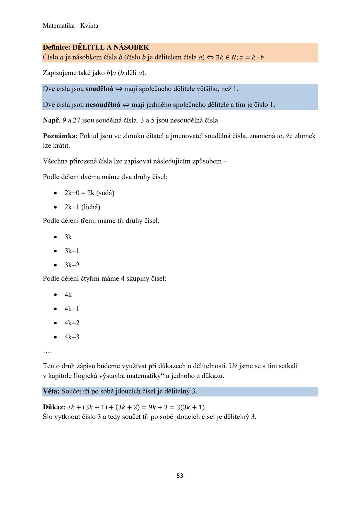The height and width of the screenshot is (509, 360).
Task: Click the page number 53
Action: [x=180, y=476]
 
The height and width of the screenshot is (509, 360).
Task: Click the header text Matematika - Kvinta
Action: [x=70, y=26]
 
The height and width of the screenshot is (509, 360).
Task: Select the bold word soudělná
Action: [x=99, y=89]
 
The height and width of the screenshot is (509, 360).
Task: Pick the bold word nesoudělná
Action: [x=103, y=105]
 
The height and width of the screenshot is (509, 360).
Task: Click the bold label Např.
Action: [x=51, y=120]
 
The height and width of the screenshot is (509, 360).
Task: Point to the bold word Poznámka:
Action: [x=60, y=136]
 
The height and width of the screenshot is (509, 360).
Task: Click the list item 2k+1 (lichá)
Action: [x=82, y=207]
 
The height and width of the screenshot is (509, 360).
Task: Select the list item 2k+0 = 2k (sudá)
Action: [x=89, y=193]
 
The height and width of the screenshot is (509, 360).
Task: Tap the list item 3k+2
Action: [x=72, y=265]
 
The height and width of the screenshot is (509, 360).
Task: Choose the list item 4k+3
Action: [x=72, y=337]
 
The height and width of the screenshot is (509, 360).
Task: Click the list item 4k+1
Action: [x=72, y=309]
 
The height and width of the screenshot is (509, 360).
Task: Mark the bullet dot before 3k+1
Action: [x=55, y=251]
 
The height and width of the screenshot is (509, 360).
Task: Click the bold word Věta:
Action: [x=51, y=391]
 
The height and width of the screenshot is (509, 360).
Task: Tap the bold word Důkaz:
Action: [x=54, y=407]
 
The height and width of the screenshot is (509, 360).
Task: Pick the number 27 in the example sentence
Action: [x=76, y=120]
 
